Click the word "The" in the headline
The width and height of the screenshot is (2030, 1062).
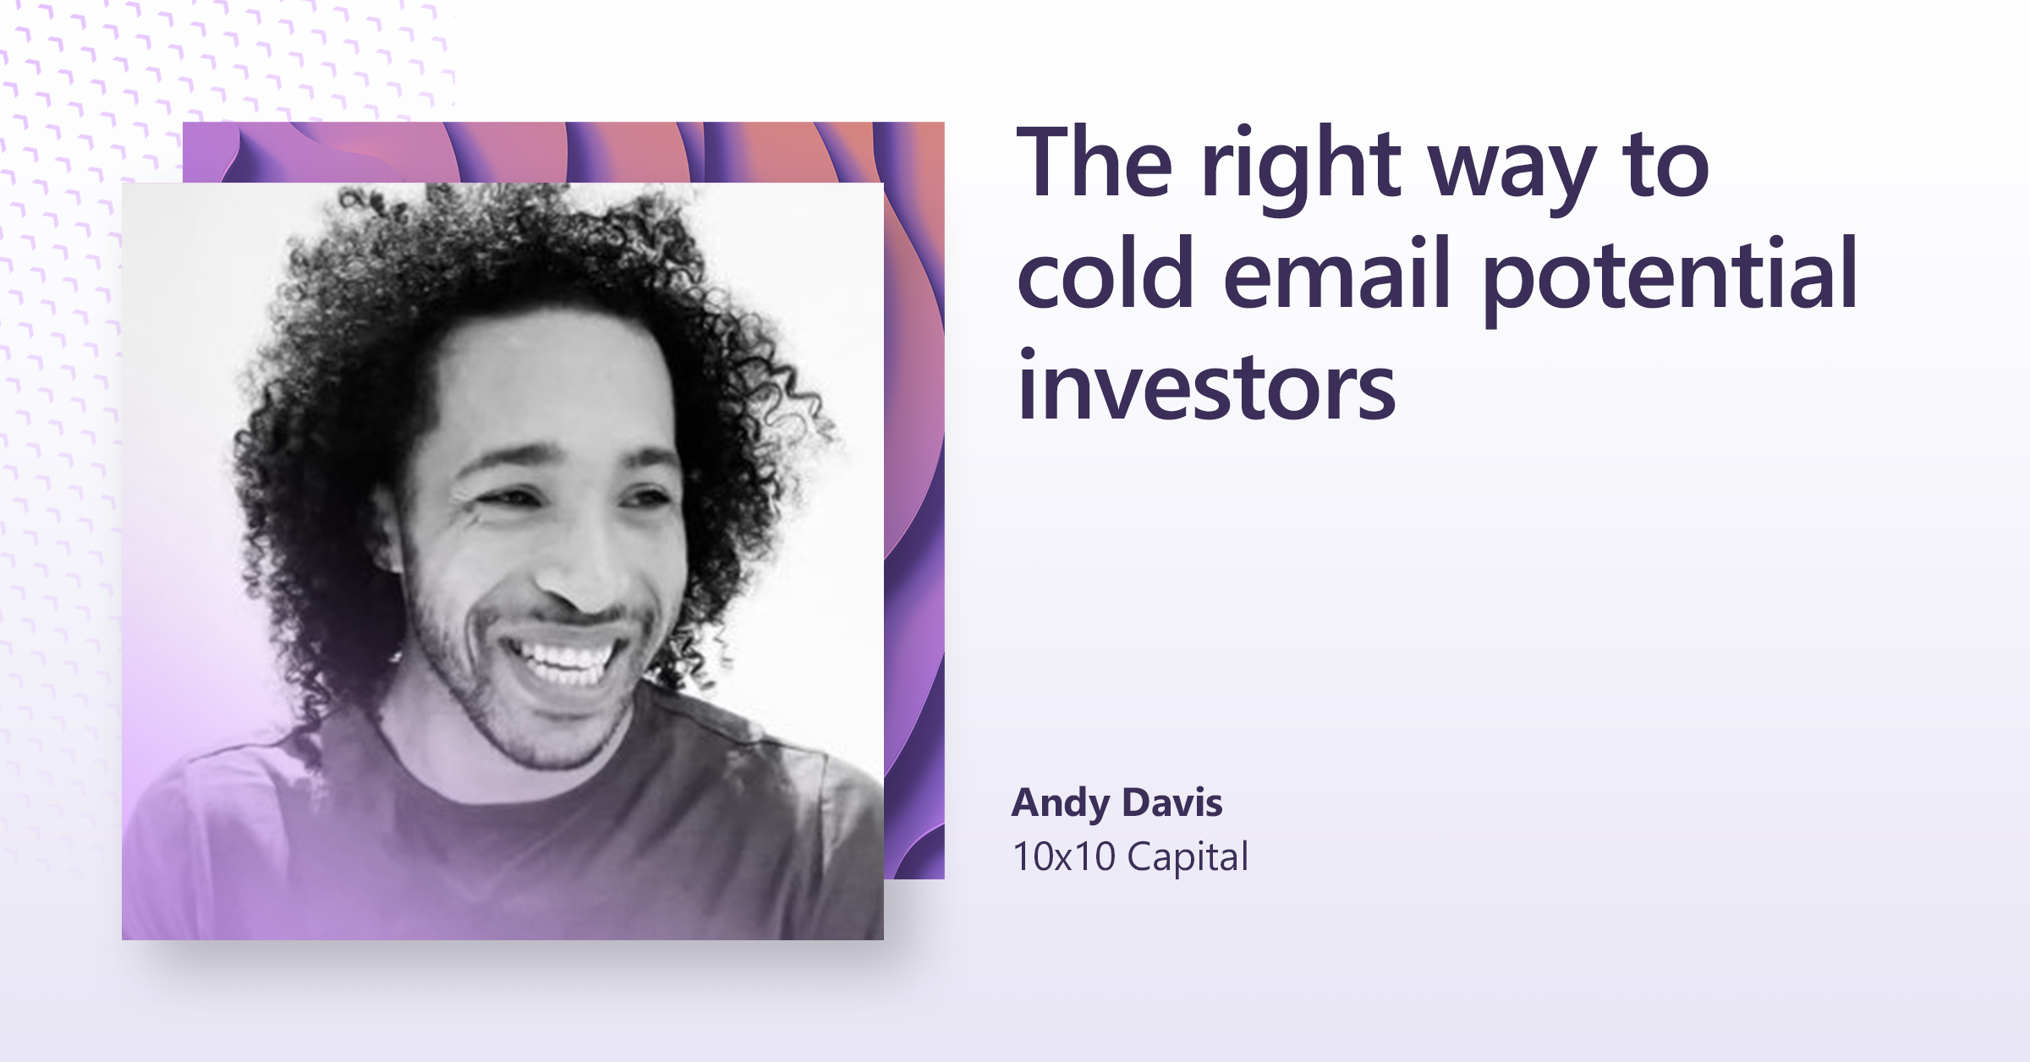pyautogui.click(x=1095, y=162)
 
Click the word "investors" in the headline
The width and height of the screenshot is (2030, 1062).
pyautogui.click(x=1206, y=387)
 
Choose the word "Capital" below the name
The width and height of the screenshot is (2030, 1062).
pyautogui.click(x=1188, y=858)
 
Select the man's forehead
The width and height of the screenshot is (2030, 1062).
pyautogui.click(x=550, y=380)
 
